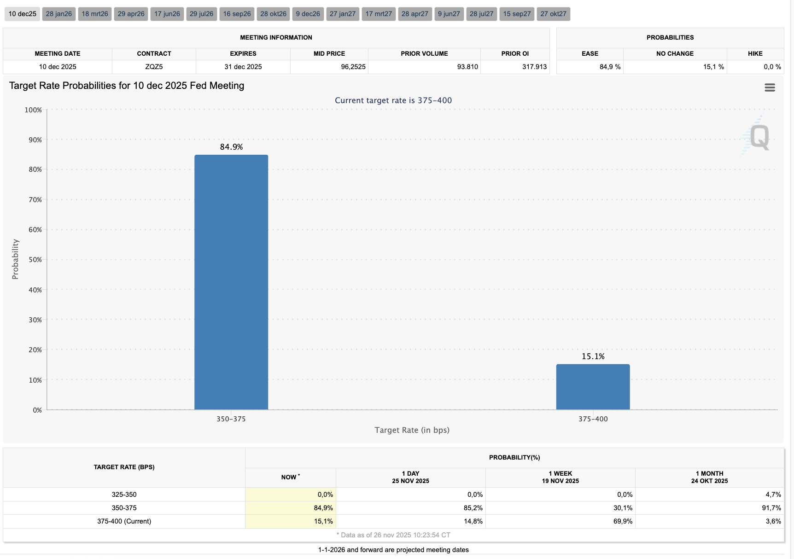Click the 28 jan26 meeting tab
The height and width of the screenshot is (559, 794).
59,14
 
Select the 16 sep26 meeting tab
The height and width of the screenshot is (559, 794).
237,14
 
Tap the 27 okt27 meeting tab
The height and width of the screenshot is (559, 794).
553,14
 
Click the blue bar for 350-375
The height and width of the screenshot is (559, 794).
231,282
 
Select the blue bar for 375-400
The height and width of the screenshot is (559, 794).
593,387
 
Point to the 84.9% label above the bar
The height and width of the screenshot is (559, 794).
231,147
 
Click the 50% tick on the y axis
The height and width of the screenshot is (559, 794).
35,260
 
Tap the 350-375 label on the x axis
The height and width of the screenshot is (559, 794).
231,419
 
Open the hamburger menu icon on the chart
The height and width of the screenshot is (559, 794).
770,87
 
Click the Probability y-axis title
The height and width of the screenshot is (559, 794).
15,259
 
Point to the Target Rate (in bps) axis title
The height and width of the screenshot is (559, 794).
412,430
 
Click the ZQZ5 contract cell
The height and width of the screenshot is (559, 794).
154,67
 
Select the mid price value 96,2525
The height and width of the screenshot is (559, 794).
353,67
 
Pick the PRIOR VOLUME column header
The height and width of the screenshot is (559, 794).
424,53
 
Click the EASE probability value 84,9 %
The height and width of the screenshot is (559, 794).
610,67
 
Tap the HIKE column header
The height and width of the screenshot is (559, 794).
755,53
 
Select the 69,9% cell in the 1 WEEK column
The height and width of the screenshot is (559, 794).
623,521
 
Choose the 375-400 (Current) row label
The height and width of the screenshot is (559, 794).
124,521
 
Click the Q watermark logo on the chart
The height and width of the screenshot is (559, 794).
759,137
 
